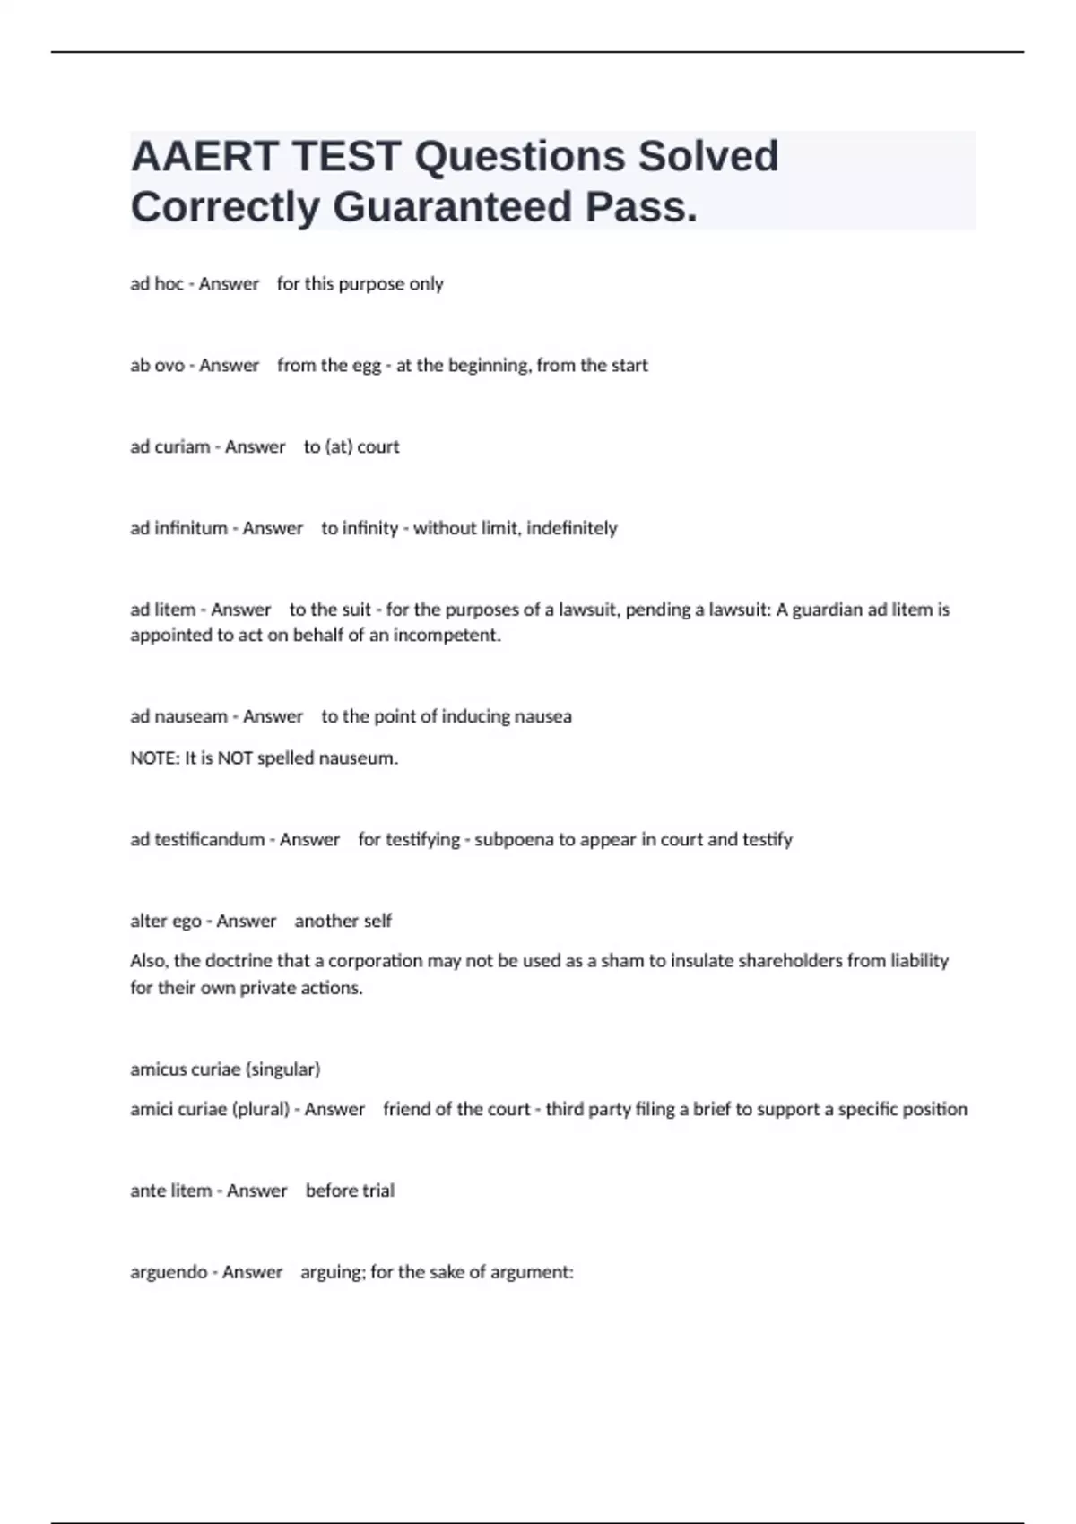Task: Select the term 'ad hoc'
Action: click(x=157, y=284)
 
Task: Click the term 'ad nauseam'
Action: click(x=178, y=716)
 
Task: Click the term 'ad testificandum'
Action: click(x=197, y=840)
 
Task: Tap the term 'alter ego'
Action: click(x=166, y=921)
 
